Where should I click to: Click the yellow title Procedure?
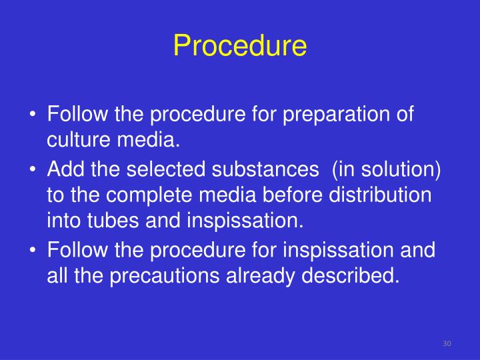click(x=240, y=46)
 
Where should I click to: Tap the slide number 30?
click(x=447, y=343)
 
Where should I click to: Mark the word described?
click(x=363, y=275)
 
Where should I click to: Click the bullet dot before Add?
click(x=33, y=171)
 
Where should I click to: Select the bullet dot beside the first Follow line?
click(x=33, y=115)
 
